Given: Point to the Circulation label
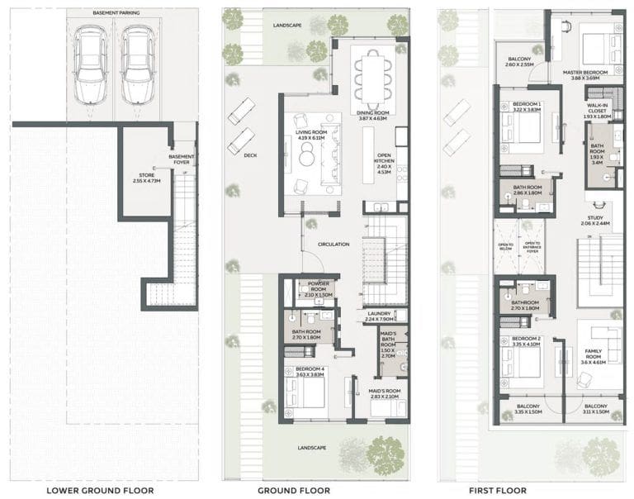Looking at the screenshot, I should (333, 245).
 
